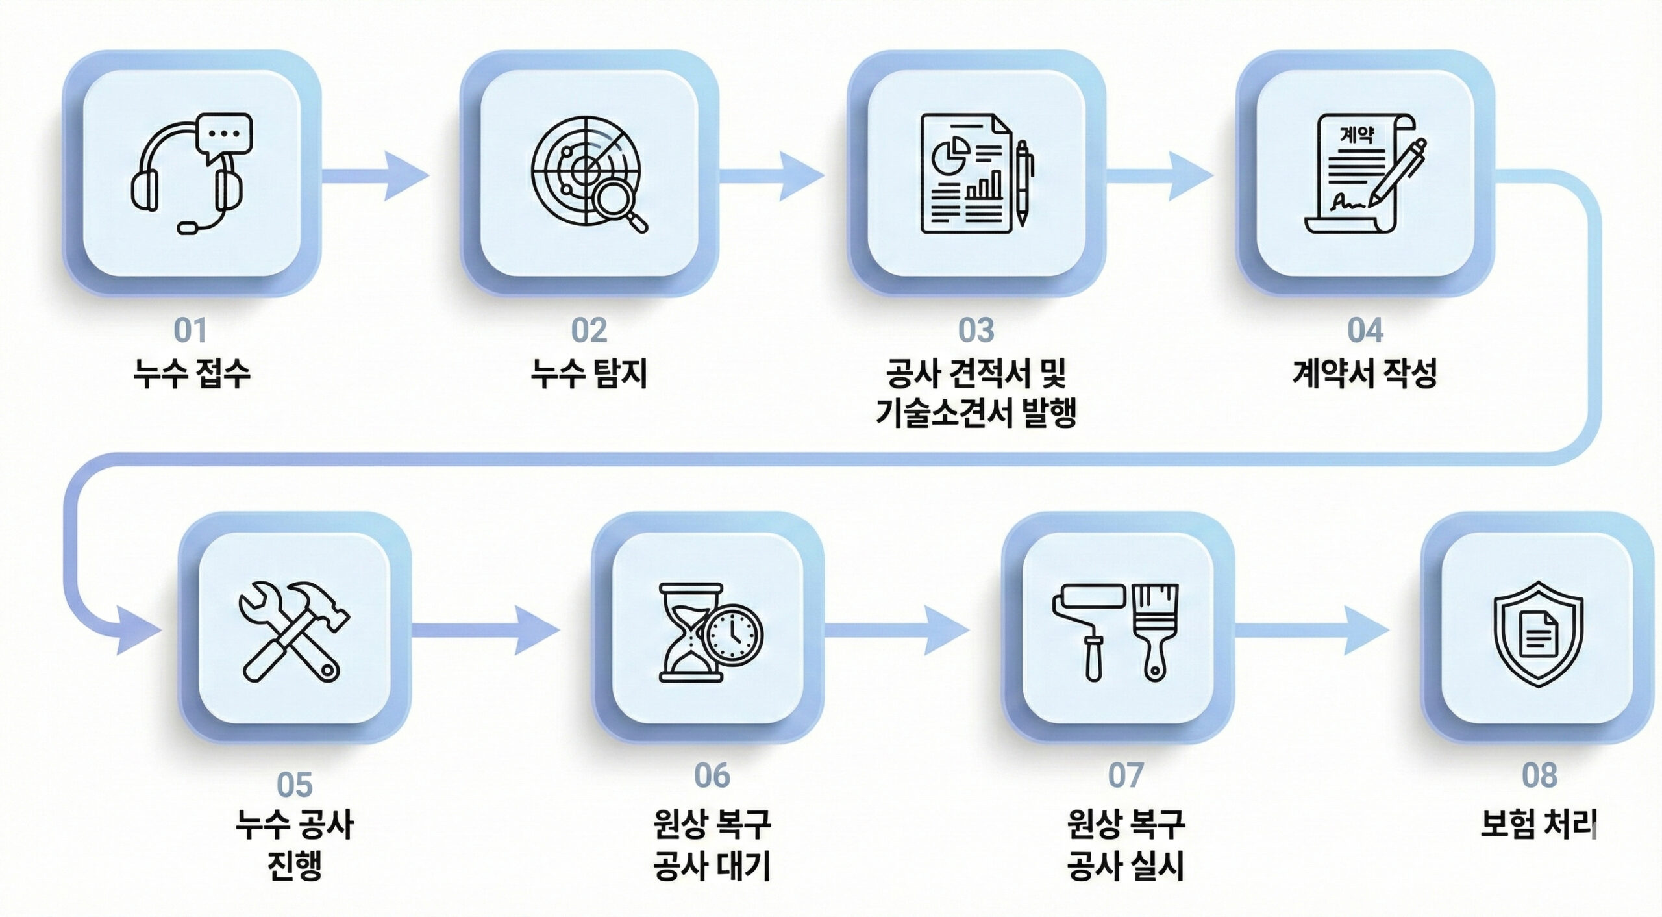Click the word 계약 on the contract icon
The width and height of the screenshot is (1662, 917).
1356,136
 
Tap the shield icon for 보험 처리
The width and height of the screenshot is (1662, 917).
1538,633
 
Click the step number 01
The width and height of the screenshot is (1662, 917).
190,331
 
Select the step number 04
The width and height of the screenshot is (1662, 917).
1365,331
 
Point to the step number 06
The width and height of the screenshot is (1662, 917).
712,775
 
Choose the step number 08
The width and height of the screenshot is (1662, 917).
1539,775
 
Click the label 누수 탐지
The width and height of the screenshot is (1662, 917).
589,374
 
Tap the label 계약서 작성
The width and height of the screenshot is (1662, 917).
1365,374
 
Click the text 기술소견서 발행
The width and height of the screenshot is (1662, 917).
976,412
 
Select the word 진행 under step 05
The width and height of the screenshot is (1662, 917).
295,865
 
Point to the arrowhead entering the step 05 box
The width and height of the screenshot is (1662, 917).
138,629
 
